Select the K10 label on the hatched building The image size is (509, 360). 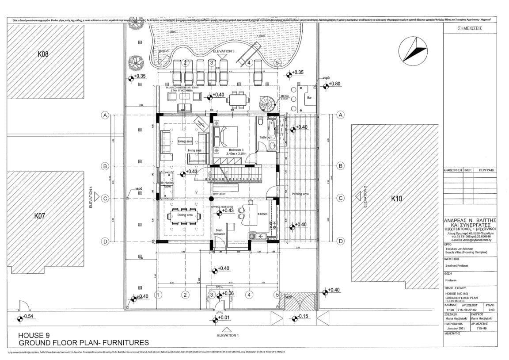(x=397, y=199)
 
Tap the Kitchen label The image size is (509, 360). (x=262, y=214)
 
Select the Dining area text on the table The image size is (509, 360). (x=185, y=215)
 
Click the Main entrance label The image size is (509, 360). (x=220, y=231)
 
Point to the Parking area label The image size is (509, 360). (x=300, y=194)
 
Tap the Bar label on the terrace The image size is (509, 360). (x=309, y=98)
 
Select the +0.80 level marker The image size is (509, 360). (x=335, y=84)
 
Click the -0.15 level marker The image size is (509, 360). (x=302, y=316)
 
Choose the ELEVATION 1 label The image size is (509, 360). (x=228, y=335)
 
